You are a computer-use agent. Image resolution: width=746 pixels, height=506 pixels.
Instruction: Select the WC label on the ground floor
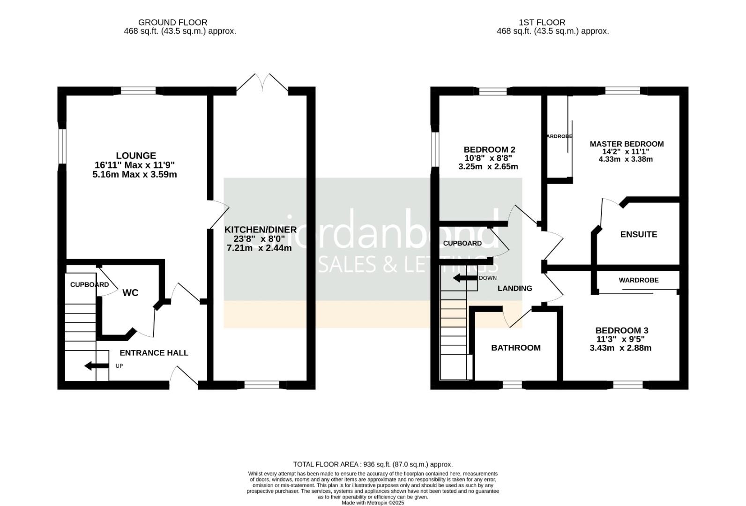[130, 293]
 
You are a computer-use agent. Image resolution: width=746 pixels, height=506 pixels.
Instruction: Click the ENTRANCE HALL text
[154, 353]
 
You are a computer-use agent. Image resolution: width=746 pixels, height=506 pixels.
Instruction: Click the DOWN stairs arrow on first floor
[464, 278]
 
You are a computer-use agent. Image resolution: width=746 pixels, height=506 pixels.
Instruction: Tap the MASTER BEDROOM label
[627, 144]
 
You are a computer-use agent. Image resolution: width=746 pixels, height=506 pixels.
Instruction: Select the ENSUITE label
[638, 234]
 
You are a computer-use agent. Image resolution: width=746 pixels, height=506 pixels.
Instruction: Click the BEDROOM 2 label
[489, 150]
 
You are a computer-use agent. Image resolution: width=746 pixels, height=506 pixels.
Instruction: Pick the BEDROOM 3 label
[621, 331]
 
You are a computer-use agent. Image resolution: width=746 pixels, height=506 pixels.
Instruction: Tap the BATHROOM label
[515, 348]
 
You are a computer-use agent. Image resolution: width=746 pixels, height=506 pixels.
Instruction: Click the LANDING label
[515, 289]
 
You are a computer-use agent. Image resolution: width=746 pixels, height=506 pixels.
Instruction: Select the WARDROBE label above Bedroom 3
[638, 280]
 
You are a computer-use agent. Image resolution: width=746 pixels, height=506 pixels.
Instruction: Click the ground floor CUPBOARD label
[89, 285]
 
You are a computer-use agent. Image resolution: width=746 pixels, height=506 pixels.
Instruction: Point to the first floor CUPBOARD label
[462, 244]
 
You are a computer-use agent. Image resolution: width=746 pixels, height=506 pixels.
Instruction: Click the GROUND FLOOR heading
[172, 22]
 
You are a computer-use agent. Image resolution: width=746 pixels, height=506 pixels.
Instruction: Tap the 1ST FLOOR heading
[542, 22]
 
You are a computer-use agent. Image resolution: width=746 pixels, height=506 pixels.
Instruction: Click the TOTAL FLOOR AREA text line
[373, 464]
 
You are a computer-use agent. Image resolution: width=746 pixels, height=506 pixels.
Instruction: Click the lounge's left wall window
[61, 147]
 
